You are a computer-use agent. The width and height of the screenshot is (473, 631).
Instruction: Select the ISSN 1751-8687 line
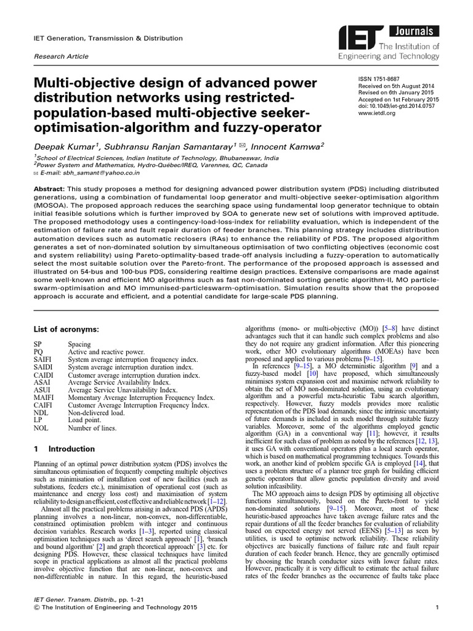(378, 80)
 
